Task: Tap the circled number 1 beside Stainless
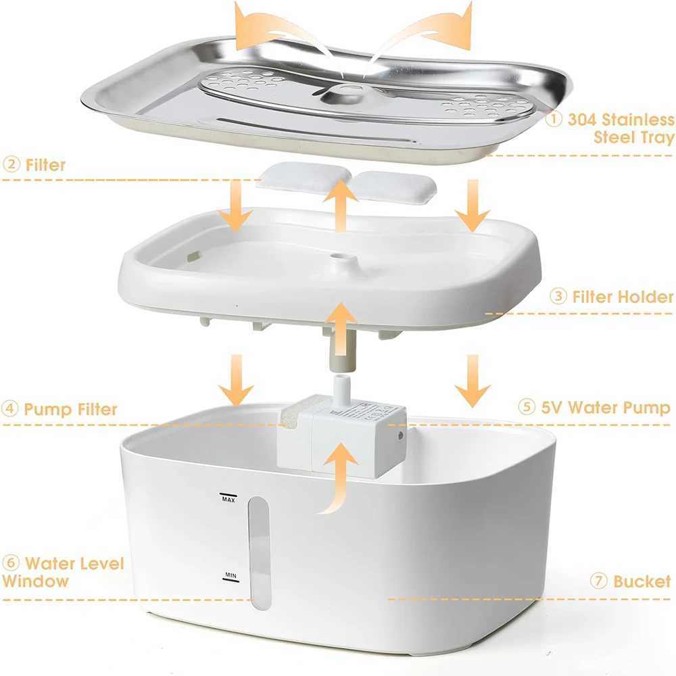554,120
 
